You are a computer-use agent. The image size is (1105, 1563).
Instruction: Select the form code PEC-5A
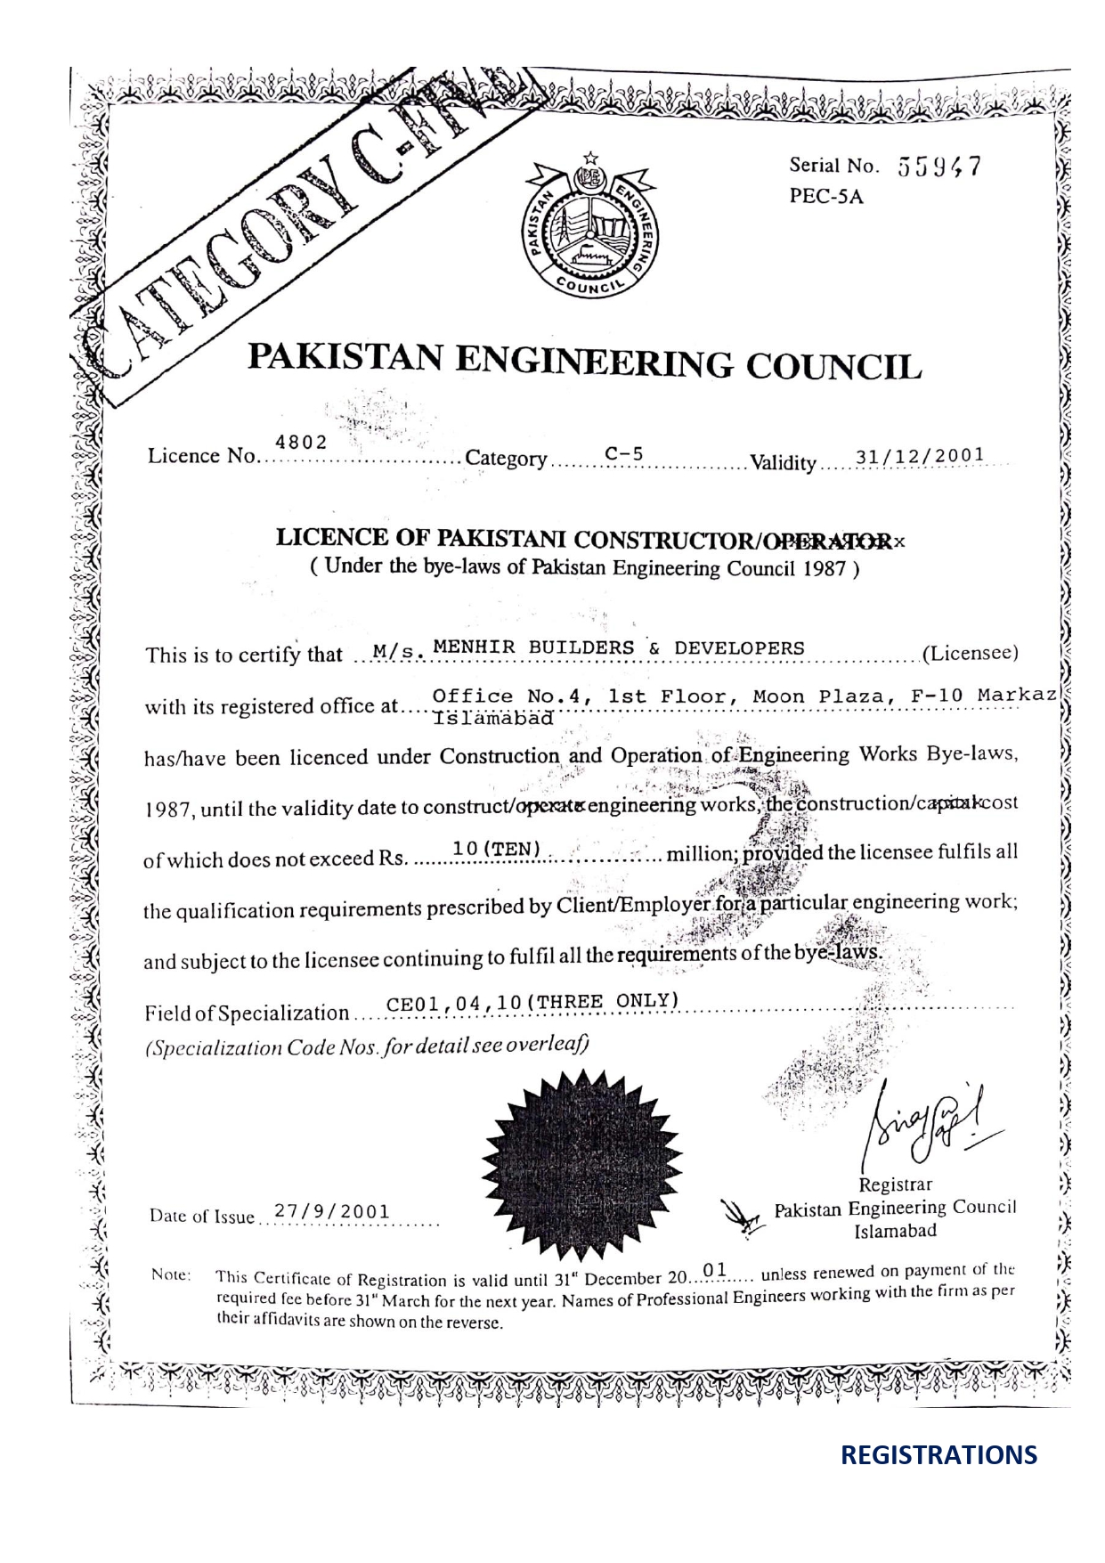click(826, 197)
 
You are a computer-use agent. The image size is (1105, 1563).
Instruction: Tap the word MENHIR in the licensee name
click(473, 647)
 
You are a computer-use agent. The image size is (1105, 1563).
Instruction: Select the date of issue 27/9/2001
click(331, 1211)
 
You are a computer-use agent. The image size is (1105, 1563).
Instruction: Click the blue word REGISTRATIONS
click(938, 1455)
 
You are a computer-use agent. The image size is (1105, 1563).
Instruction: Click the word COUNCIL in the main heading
click(832, 366)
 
